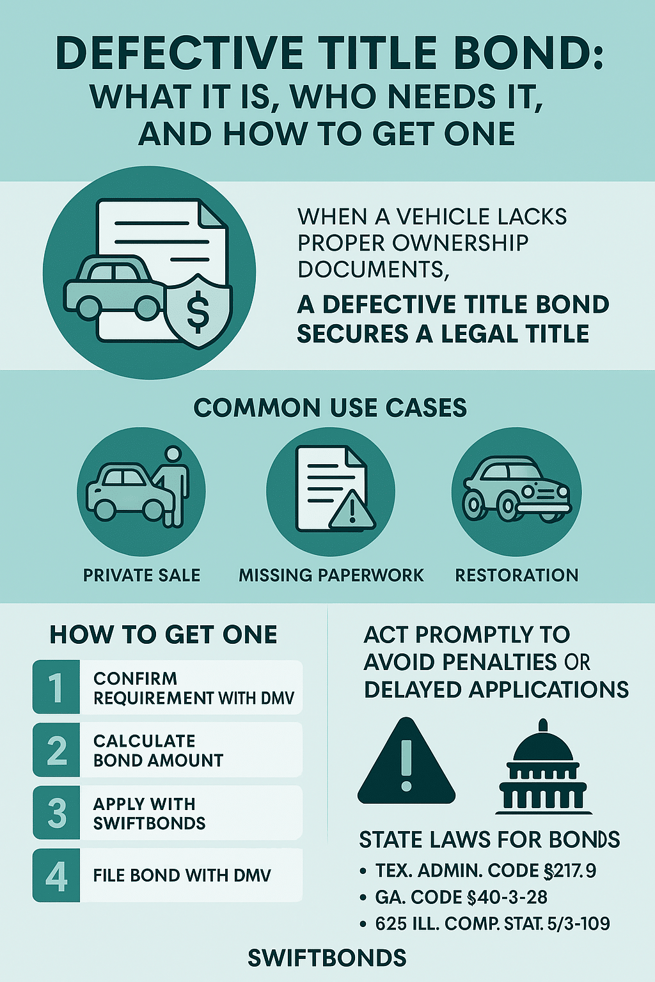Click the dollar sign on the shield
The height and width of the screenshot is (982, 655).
pos(197,311)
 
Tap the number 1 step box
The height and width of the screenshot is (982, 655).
pos(56,687)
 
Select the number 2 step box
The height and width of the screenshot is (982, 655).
pos(56,750)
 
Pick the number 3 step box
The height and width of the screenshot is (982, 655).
pos(56,813)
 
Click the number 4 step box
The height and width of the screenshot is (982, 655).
pos(56,875)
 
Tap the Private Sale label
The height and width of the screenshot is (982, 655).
pos(142,575)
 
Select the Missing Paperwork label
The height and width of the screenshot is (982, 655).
pos(331,575)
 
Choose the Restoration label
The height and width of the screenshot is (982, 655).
pos(517,575)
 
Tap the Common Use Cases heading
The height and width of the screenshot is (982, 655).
pos(330,408)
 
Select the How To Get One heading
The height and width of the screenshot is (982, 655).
pos(164,635)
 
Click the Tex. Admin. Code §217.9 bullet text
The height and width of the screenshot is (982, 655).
pos(485,871)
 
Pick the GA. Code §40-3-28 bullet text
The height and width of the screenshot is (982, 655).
pos(461,897)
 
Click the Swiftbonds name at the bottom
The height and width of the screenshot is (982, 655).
pos(327,958)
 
